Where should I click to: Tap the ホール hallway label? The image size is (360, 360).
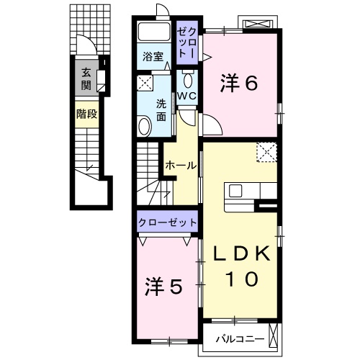coord(181,166)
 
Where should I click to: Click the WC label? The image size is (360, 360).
coord(187,95)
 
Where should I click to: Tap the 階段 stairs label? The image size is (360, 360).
coord(86,113)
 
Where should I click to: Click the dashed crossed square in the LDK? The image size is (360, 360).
coord(268,152)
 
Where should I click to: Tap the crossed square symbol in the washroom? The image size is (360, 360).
coord(144,82)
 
